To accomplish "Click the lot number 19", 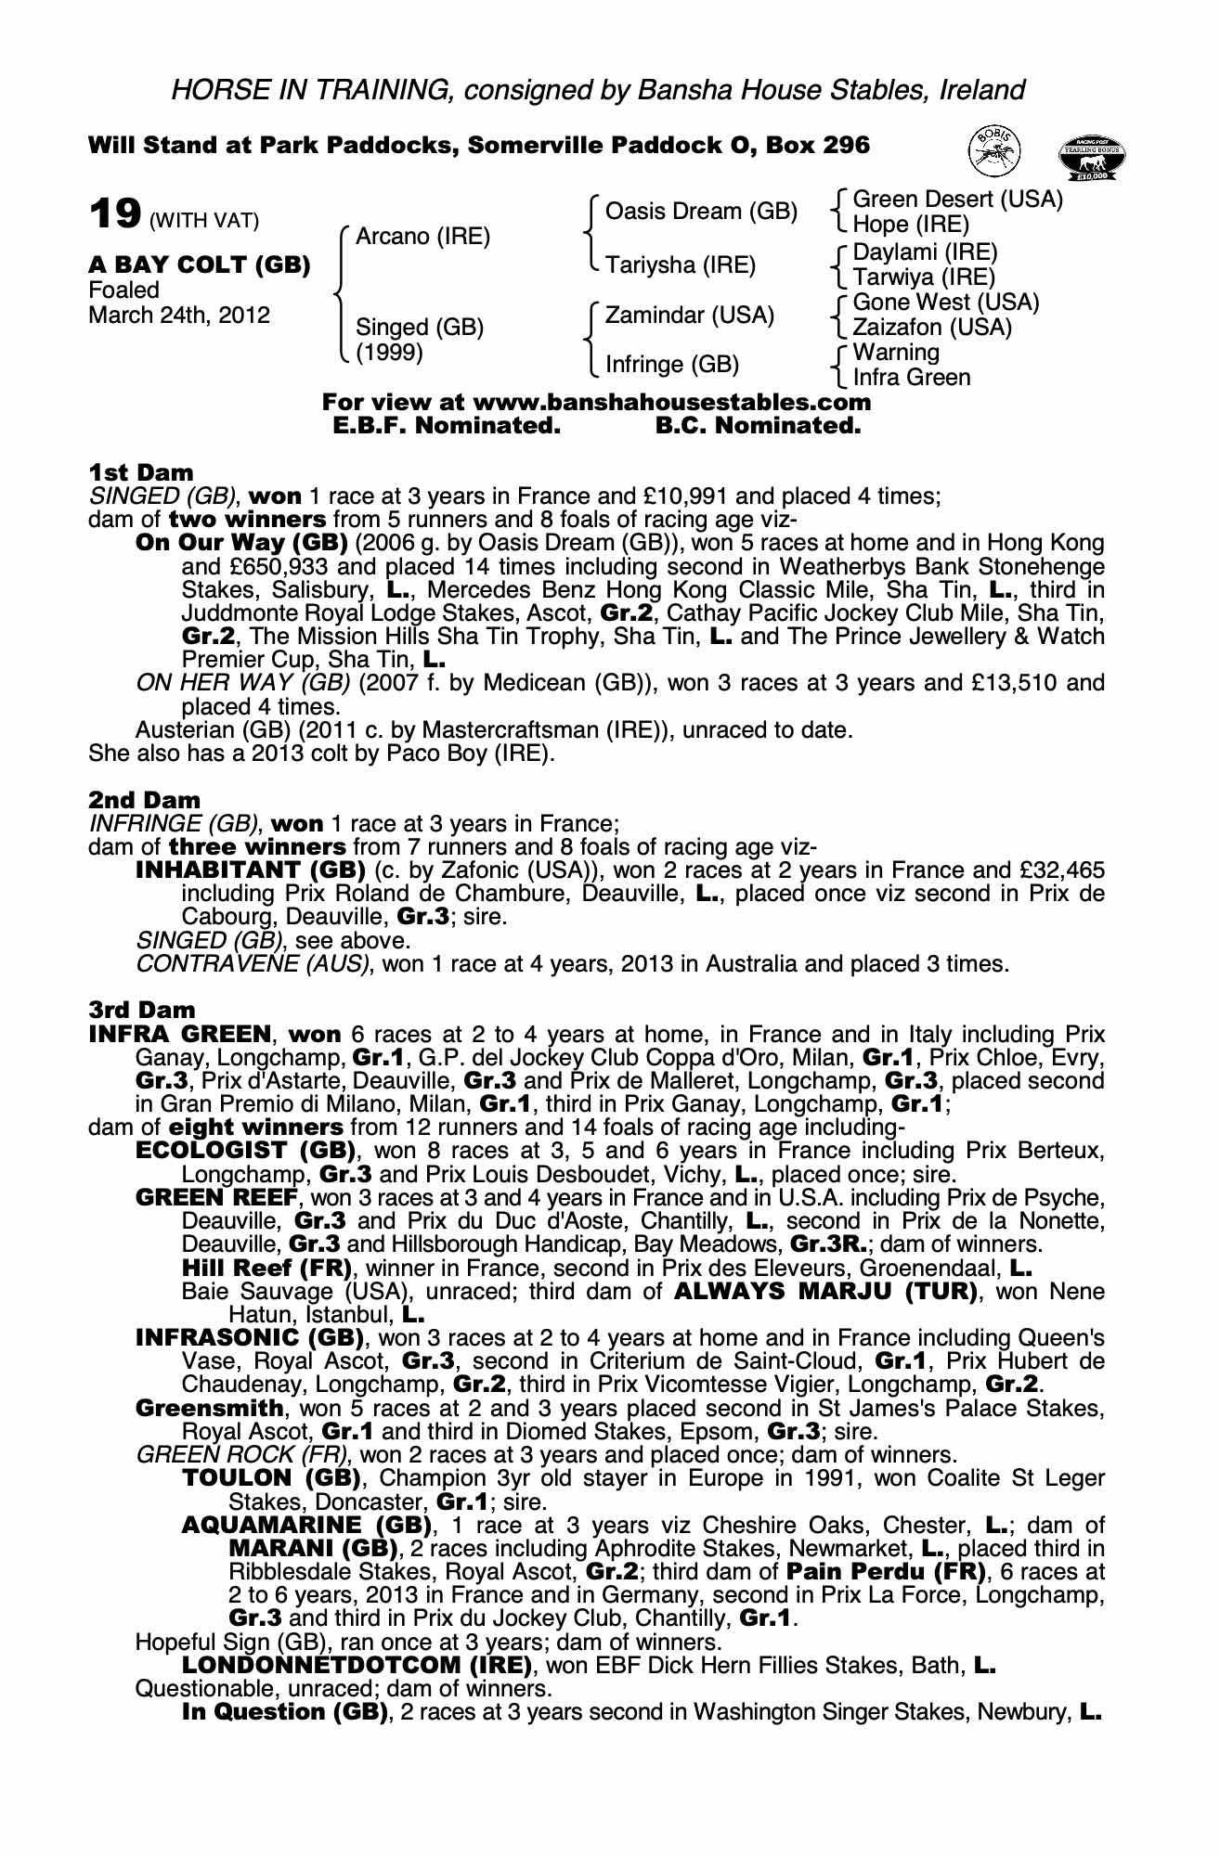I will click(x=115, y=214).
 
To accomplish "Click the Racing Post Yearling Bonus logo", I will click(x=1092, y=159).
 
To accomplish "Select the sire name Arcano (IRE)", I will click(x=422, y=237).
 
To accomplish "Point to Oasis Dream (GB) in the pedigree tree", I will click(x=701, y=212).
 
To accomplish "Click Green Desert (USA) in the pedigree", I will click(x=957, y=200).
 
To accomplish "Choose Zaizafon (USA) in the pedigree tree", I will click(x=932, y=328).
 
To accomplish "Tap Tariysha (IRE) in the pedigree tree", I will click(x=681, y=265).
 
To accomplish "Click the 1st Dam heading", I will click(x=141, y=472).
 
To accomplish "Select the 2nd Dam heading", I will click(x=144, y=800).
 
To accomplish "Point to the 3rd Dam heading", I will click(x=142, y=1010).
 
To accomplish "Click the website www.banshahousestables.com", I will click(x=672, y=403).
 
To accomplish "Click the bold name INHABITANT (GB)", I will click(x=251, y=870).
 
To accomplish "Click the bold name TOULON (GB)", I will click(x=271, y=1478).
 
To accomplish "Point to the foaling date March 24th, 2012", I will click(x=179, y=316).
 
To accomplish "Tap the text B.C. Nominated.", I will click(x=758, y=426).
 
